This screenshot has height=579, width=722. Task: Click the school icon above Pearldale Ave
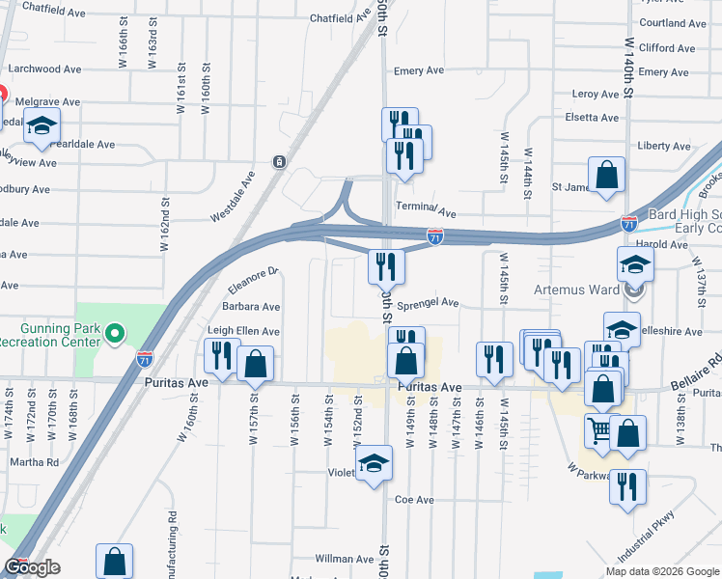pyautogui.click(x=42, y=125)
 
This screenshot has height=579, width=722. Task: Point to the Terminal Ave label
pyautogui.click(x=430, y=211)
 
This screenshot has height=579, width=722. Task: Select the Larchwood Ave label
pyautogui.click(x=46, y=69)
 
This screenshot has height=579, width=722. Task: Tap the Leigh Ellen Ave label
pyautogui.click(x=244, y=331)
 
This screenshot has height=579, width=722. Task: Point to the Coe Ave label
pyautogui.click(x=415, y=500)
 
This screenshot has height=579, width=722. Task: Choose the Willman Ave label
pyautogui.click(x=345, y=559)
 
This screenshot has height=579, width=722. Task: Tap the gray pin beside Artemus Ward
pyautogui.click(x=634, y=289)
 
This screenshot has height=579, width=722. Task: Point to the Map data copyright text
pyautogui.click(x=662, y=571)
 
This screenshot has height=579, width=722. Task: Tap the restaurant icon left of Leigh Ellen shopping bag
pyautogui.click(x=221, y=355)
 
